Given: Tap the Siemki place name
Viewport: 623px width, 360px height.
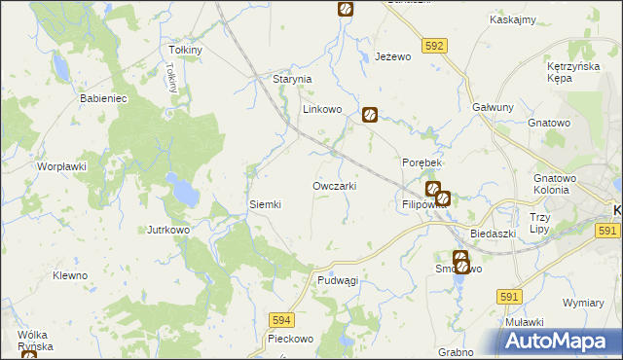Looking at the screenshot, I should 266,204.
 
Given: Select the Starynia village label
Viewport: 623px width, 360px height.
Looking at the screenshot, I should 291,79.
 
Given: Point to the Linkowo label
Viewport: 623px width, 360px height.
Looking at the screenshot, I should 321,110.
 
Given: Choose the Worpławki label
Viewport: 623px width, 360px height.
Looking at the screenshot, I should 62,166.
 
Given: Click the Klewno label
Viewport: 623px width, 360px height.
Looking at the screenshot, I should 70,275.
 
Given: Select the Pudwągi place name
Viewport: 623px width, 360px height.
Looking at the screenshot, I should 338,280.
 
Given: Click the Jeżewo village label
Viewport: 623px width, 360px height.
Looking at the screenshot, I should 394,57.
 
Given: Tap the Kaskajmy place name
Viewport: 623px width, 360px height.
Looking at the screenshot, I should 515,20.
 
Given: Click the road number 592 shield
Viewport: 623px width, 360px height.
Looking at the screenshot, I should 435,45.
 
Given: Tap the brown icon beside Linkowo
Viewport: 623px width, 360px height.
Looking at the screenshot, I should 370,115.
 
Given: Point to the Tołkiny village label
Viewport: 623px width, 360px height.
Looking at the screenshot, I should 185,50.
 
